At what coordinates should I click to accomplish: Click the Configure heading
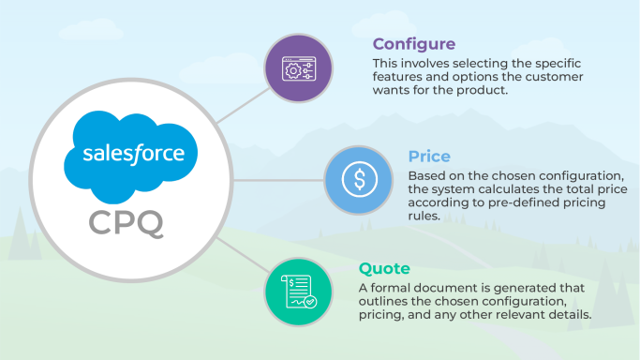(414, 44)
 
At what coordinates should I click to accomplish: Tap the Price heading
(429, 157)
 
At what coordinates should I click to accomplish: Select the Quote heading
(384, 270)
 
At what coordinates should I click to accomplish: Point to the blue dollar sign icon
(360, 179)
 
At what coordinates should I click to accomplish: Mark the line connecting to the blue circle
(276, 179)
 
